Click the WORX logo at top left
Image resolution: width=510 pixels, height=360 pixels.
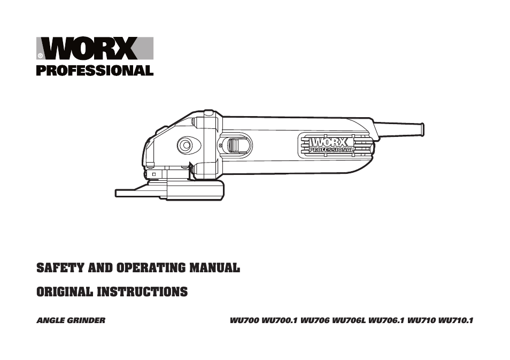tap(95, 49)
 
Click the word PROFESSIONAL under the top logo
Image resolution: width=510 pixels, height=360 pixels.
tap(95, 70)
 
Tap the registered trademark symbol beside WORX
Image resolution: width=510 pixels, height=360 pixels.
tap(41, 56)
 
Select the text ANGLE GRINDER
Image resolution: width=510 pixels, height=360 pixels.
tap(71, 321)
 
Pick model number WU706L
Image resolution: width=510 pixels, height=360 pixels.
tap(349, 321)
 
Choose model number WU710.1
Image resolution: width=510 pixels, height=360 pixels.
tap(456, 321)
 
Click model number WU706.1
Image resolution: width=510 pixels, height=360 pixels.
tap(387, 321)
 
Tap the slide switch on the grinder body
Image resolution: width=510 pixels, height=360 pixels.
tap(235, 145)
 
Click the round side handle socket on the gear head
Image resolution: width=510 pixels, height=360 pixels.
tap(186, 144)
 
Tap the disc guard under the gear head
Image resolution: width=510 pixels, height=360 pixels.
tap(176, 190)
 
